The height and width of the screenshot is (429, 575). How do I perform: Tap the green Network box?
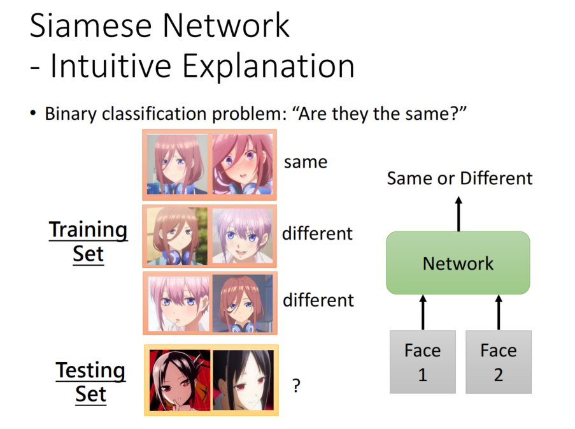click(458, 263)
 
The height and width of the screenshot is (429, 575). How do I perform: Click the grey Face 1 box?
click(422, 361)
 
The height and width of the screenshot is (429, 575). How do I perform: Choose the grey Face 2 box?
click(498, 361)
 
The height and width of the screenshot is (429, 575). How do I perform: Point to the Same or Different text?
click(459, 178)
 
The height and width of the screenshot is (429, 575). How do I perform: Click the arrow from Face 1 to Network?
click(422, 312)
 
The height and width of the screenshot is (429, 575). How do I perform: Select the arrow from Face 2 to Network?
click(498, 312)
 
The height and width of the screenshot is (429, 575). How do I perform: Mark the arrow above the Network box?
click(458, 214)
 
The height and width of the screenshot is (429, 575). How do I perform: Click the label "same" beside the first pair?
click(306, 162)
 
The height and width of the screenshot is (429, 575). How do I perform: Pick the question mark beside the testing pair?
click(295, 386)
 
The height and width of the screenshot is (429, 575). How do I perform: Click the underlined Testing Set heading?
click(90, 382)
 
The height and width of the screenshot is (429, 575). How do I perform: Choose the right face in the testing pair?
click(243, 380)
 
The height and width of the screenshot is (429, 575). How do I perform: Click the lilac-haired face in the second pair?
click(241, 236)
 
